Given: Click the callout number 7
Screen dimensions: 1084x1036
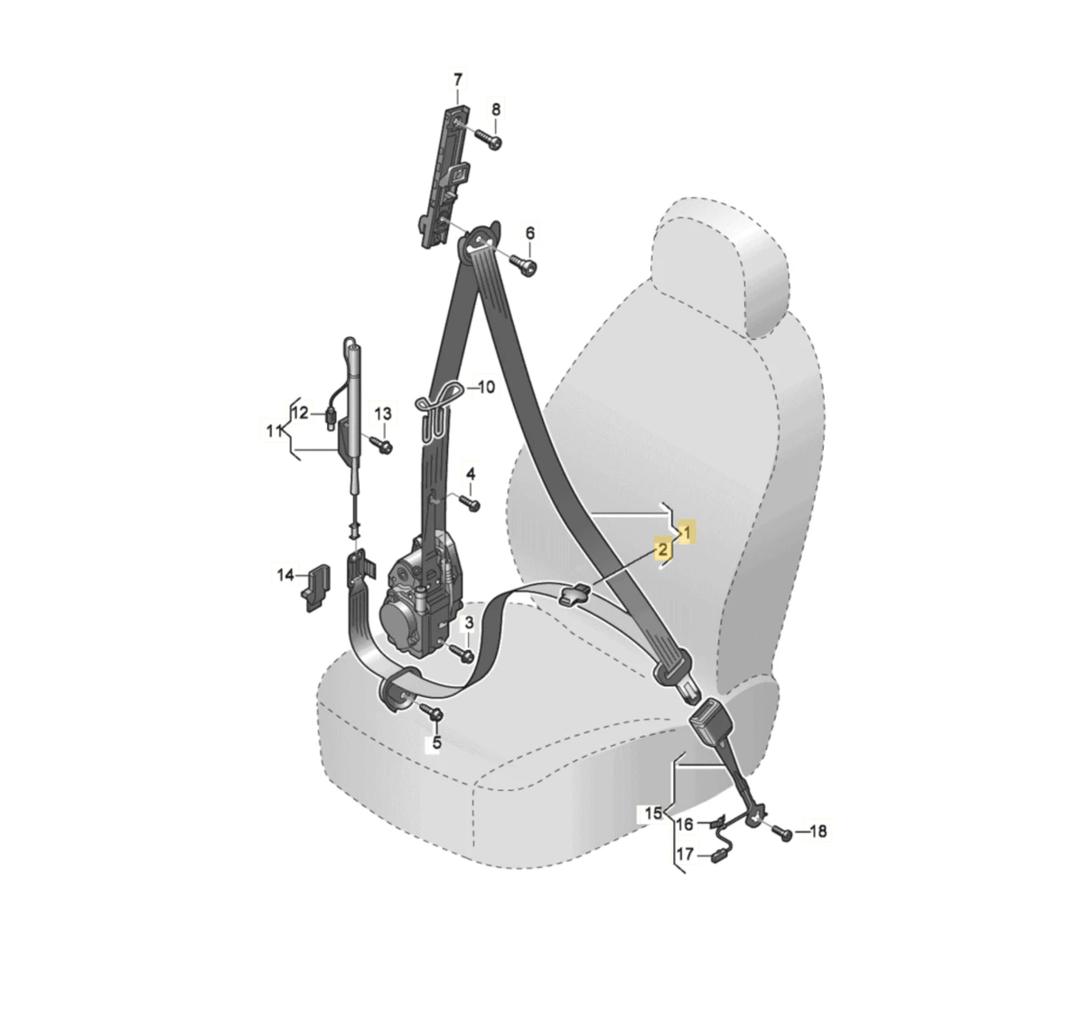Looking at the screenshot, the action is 458,80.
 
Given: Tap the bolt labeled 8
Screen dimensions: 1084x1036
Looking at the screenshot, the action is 489,138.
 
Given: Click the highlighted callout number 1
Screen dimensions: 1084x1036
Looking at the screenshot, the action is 687,533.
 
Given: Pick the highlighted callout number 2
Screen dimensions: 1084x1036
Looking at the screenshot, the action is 663,550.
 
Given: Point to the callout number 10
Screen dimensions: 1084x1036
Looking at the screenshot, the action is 486,387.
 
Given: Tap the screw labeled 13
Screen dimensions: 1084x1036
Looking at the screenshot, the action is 381,445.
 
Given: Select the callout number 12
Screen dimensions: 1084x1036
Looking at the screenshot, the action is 300,413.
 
